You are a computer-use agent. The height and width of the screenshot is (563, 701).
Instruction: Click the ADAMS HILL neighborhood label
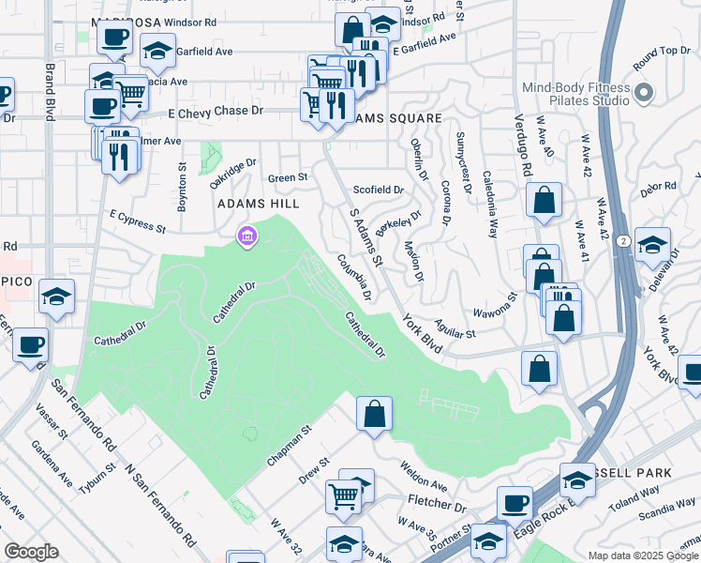pos(258,204)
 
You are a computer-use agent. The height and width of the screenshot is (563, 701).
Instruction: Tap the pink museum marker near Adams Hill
pos(246,236)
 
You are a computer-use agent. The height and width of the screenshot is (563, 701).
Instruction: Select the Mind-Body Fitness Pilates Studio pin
pos(643,93)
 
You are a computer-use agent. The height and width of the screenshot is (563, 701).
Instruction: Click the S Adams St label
pos(366,237)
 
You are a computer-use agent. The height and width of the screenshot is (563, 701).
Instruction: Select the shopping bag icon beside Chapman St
pos(374,413)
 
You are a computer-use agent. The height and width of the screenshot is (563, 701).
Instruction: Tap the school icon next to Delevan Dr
pos(652,244)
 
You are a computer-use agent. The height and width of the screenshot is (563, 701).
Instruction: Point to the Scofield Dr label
pos(378,190)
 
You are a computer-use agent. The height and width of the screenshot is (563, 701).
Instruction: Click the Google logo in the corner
pos(31,552)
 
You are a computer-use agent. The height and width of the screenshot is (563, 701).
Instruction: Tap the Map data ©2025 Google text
pos(643,555)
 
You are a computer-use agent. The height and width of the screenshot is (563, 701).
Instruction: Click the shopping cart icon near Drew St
pos(344,494)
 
